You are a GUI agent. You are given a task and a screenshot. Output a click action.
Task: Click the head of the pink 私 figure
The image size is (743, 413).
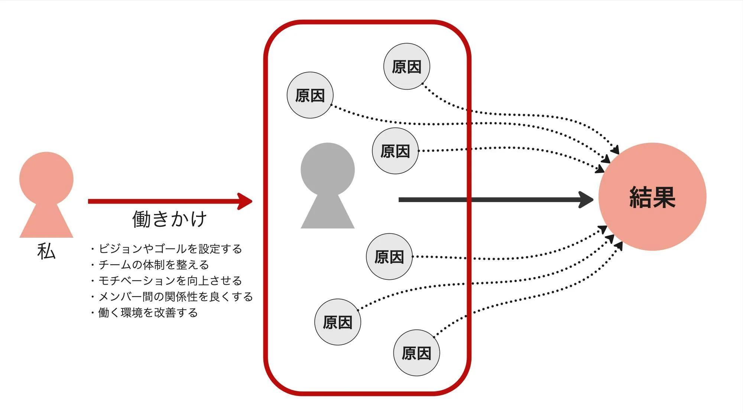(46, 179)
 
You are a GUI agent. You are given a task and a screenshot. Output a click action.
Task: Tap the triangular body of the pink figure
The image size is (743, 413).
(46, 223)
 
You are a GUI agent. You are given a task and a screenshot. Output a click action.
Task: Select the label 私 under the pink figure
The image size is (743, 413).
(46, 252)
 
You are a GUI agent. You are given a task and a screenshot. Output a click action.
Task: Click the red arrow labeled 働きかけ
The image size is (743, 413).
(167, 201)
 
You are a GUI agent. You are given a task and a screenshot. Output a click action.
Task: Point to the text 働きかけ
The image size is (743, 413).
(169, 219)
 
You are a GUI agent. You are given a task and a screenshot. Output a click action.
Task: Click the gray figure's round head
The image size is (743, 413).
(327, 170)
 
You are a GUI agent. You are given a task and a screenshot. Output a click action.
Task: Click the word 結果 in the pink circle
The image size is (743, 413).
(652, 197)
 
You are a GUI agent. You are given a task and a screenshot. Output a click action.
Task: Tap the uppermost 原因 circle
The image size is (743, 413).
(406, 67)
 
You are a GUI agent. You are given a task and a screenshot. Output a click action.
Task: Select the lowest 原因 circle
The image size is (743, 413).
(416, 353)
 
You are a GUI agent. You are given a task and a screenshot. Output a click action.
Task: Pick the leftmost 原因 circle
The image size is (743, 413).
(310, 95)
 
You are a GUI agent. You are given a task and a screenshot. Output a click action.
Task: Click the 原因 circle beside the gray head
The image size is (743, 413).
(395, 151)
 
